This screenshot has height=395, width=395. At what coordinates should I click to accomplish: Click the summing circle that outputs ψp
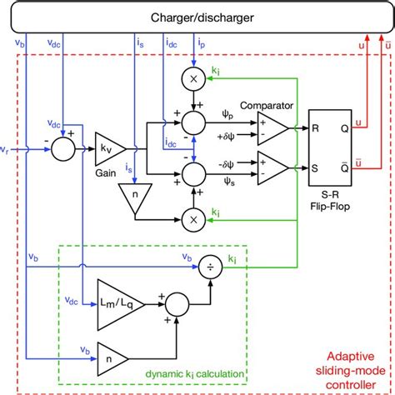coord(194,122)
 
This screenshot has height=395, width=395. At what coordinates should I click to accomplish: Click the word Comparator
coord(263,106)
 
